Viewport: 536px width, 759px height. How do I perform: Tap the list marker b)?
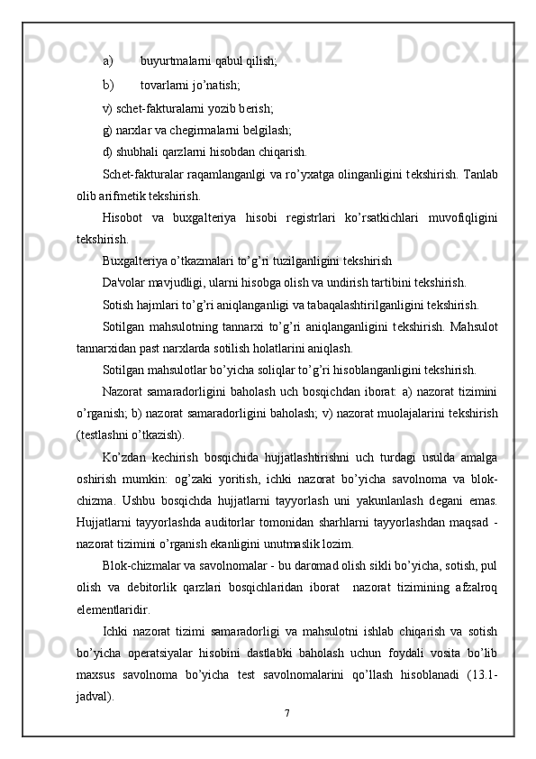coord(107,86)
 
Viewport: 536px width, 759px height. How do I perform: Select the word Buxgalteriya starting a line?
coord(138,260)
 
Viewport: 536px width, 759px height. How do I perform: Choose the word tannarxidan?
coord(109,346)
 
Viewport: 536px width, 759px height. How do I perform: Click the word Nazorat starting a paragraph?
coord(126,389)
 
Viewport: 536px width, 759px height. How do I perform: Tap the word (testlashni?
coord(106,433)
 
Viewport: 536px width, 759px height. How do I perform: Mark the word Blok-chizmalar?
coord(146,563)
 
